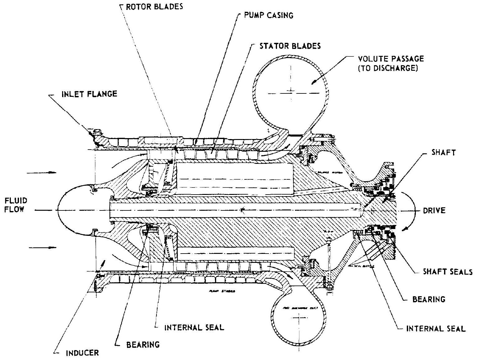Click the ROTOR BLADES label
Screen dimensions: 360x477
(154, 6)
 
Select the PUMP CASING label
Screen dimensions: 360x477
(269, 16)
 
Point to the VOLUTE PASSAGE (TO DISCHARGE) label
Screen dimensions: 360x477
(391, 63)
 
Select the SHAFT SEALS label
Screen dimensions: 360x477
(447, 272)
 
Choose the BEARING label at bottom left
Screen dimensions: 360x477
(143, 344)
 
